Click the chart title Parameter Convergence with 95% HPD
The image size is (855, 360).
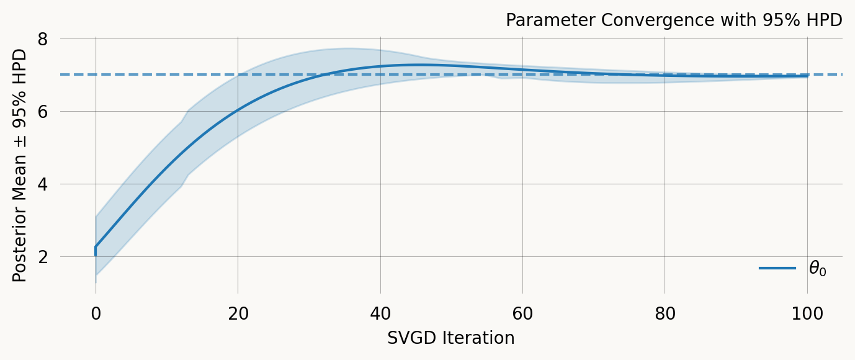[674, 20]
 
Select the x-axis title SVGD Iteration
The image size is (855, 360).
[450, 338]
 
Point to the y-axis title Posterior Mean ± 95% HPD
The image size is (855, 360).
[20, 165]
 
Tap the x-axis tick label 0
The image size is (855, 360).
[96, 314]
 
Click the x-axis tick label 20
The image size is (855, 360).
[238, 314]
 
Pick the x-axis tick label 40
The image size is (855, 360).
[380, 314]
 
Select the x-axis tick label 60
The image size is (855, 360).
[522, 314]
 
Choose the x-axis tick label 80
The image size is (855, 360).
[665, 314]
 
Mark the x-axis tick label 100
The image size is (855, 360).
[807, 314]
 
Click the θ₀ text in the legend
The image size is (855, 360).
[817, 269]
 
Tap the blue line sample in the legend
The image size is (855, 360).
[777, 268]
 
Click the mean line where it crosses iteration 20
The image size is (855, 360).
[238, 111]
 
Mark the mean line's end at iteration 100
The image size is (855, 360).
[807, 76]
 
